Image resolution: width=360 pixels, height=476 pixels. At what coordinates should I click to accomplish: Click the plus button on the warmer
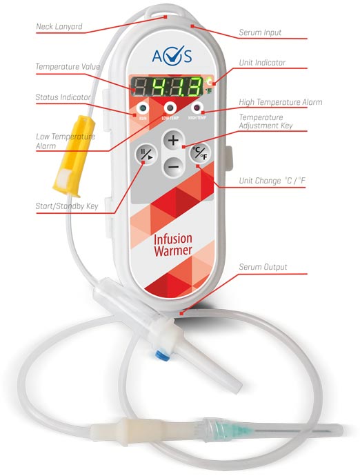point(173,141)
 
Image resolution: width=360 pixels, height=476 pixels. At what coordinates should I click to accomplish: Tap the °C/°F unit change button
point(200,153)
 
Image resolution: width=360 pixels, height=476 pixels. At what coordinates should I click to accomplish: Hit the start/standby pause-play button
point(146,154)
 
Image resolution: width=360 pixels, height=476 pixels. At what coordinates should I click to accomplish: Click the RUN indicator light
point(142,108)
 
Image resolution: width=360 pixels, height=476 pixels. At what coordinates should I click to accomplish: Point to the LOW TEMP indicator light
point(170,108)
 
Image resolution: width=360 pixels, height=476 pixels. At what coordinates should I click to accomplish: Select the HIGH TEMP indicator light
point(197,108)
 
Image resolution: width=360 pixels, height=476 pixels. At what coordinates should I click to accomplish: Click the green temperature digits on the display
point(177,86)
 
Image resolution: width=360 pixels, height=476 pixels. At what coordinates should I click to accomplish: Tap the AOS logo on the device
point(172,55)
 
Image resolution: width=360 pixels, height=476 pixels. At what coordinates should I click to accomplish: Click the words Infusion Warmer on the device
point(172,245)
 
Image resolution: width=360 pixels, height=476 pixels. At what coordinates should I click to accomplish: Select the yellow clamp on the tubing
point(74,155)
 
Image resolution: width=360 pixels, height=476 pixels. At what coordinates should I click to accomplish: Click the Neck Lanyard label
point(59,26)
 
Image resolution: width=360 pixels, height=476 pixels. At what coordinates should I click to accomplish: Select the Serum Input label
point(260,32)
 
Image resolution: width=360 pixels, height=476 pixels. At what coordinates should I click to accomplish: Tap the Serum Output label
point(263,267)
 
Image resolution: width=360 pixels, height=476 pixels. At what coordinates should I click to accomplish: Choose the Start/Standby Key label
point(67,206)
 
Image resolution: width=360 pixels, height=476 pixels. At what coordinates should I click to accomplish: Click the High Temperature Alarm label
point(281,102)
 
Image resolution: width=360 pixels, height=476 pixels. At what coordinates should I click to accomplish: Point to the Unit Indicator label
point(262,63)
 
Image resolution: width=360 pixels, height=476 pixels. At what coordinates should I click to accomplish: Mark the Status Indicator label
point(63,97)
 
